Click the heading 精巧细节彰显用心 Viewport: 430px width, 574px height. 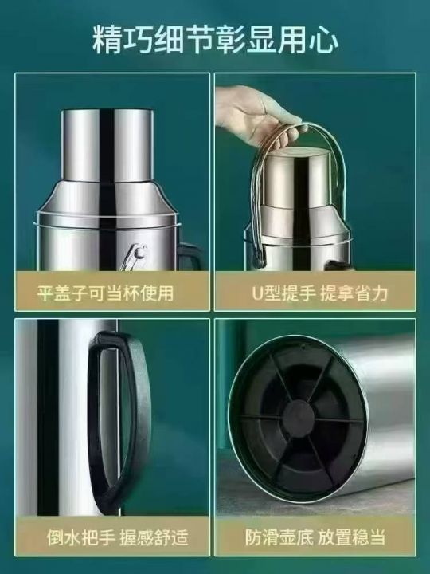click(215, 40)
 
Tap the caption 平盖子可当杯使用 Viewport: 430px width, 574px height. click(105, 293)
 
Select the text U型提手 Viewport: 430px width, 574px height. click(283, 293)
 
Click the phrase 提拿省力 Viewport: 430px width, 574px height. click(354, 293)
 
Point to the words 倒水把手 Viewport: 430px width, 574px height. click(80, 537)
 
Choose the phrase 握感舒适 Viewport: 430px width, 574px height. click(154, 537)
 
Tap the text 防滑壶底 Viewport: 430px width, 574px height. click(279, 537)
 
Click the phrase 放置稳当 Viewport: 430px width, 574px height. click(351, 537)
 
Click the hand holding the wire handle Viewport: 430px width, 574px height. click(256, 113)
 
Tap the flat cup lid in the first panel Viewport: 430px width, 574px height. click(107, 145)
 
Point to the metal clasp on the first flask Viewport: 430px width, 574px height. click(134, 256)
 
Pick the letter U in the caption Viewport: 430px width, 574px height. click(258, 293)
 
